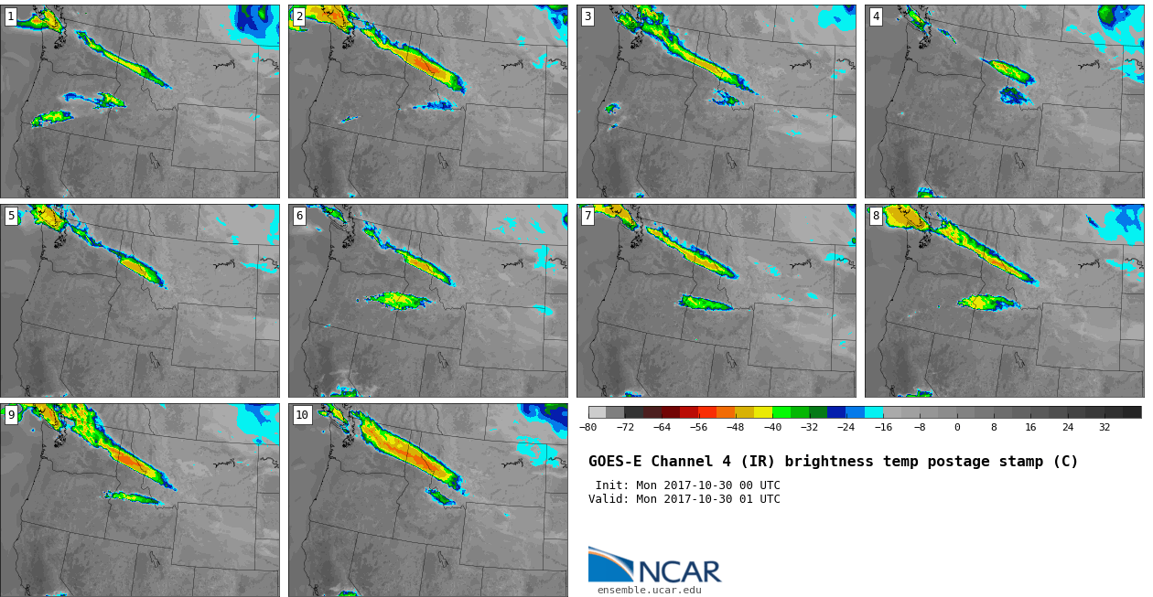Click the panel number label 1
[x=11, y=17]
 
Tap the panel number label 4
[x=876, y=17]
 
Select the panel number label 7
[x=587, y=216]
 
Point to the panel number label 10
[x=302, y=415]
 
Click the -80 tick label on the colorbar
[x=587, y=427]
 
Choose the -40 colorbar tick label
[x=772, y=427]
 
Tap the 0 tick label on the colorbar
[x=957, y=427]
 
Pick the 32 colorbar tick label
[x=1105, y=427]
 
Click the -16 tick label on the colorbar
[x=883, y=427]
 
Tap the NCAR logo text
[x=680, y=571]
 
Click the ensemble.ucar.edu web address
[x=650, y=591]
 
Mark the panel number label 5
[x=11, y=216]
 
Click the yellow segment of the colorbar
[x=763, y=412]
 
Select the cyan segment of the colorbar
[x=874, y=412]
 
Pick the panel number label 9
[x=11, y=415]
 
